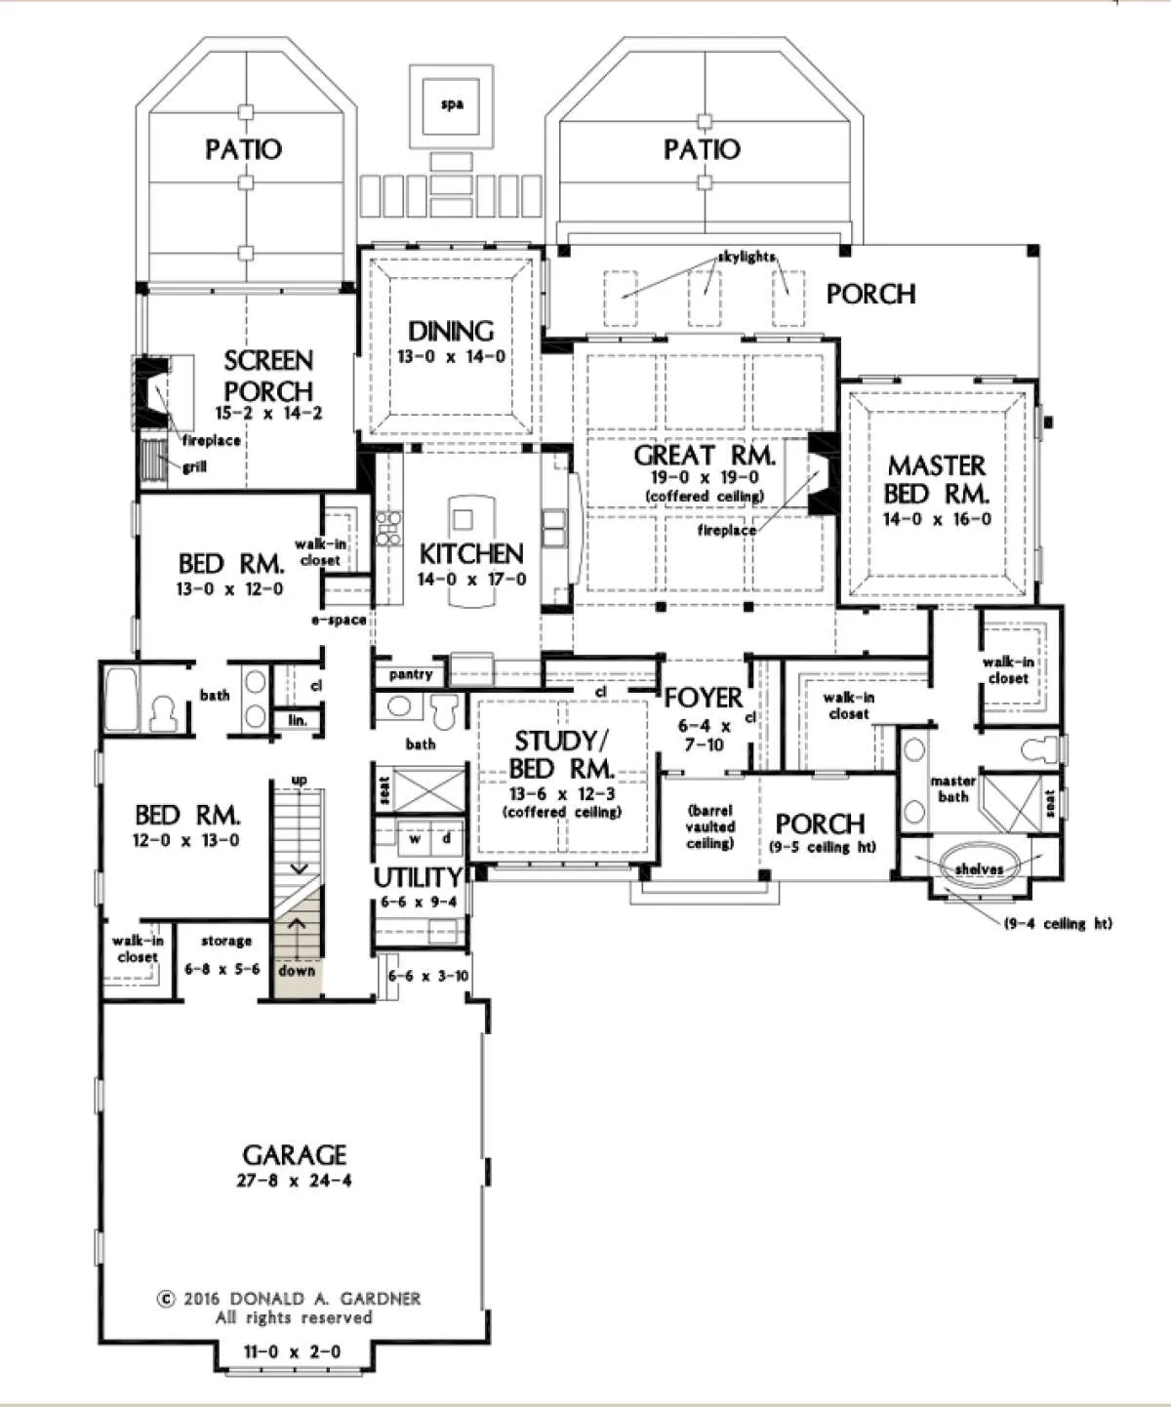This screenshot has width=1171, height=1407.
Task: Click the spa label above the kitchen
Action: (452, 104)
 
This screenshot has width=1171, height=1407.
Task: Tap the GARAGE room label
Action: (295, 1155)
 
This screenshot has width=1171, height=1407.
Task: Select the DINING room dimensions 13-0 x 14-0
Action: (451, 356)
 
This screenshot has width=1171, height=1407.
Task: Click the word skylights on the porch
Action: (747, 257)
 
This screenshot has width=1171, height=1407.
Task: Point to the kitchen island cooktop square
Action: (463, 519)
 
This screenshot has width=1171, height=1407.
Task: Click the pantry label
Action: (411, 674)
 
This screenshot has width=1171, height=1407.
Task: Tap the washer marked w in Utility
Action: (416, 839)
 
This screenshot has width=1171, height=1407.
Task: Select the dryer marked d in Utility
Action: (446, 839)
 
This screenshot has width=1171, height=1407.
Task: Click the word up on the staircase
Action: (299, 780)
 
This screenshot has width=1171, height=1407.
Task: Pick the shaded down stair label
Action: (297, 971)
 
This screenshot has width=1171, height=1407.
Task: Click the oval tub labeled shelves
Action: (980, 868)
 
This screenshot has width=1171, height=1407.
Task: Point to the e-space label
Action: (339, 620)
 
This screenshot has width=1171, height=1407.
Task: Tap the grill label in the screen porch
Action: (195, 467)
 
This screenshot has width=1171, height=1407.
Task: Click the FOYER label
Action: (704, 698)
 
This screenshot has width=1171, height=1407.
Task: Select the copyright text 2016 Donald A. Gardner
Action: (289, 1299)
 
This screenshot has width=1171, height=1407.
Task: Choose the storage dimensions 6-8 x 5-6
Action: (222, 969)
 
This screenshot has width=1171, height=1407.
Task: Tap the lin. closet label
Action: (298, 720)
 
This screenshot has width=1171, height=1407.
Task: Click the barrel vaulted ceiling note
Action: (710, 826)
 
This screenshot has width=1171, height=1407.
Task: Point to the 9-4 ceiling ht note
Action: (1058, 924)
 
